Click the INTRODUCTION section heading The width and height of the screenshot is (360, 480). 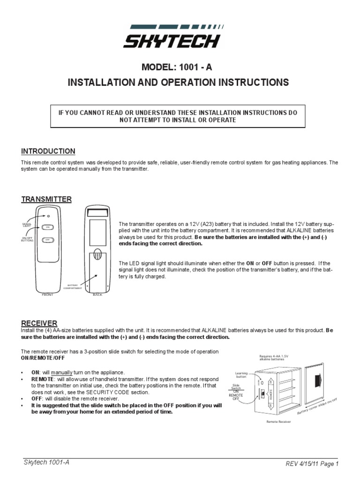click(48, 151)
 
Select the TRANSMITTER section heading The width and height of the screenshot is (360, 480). click(46, 199)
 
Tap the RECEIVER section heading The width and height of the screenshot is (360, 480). click(39, 323)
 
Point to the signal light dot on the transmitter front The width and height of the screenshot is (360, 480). click(48, 216)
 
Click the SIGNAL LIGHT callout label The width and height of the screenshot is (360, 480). click(27, 225)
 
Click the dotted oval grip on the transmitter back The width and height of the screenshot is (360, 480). click(97, 256)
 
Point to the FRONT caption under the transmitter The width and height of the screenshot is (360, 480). click(47, 294)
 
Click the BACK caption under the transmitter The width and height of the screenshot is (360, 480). click(97, 294)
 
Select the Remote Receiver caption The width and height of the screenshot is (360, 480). click(278, 421)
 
